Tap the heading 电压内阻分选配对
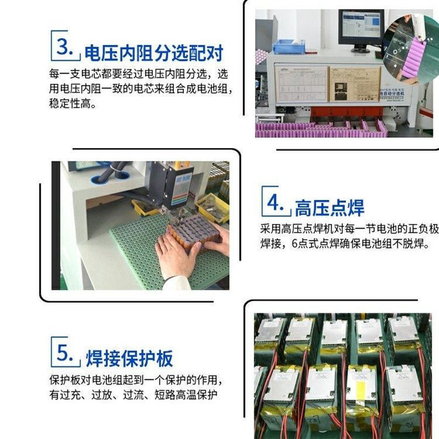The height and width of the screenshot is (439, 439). (x=154, y=53)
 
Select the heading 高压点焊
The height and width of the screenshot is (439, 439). (x=329, y=208)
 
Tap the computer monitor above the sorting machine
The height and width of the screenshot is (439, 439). (x=361, y=31)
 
